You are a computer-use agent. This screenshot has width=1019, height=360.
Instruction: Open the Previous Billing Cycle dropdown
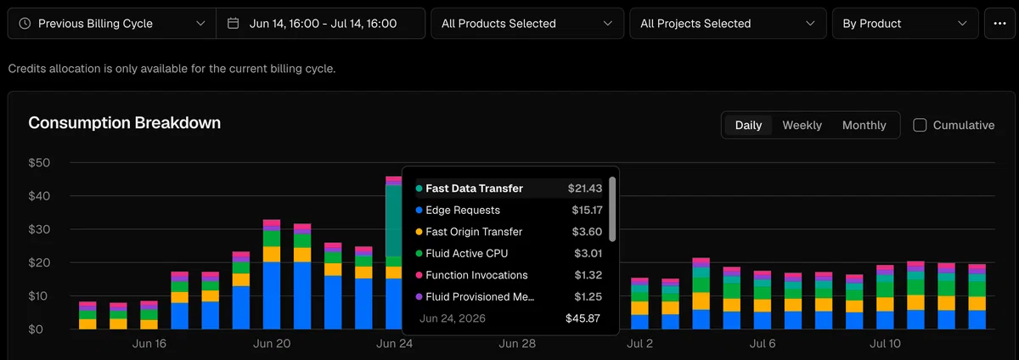click(112, 23)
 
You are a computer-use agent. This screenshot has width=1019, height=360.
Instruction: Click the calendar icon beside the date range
click(233, 23)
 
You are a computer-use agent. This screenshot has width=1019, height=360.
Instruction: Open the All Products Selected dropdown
click(527, 23)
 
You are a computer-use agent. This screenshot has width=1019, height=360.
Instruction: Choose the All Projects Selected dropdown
click(728, 23)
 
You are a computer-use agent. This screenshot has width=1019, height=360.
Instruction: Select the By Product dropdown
click(905, 23)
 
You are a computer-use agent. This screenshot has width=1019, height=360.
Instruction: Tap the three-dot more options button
click(1000, 23)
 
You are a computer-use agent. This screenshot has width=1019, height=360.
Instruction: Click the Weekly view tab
click(802, 125)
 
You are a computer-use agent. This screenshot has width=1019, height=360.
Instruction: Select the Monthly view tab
click(864, 125)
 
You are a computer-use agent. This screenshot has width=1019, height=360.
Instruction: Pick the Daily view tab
click(748, 125)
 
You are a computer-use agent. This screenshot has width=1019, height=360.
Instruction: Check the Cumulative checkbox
click(920, 125)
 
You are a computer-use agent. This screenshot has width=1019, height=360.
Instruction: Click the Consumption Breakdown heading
click(125, 123)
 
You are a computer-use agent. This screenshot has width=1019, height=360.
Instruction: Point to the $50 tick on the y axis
click(39, 163)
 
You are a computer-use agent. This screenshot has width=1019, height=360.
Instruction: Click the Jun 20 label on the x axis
click(272, 344)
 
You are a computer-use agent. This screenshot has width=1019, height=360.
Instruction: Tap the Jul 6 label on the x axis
click(763, 344)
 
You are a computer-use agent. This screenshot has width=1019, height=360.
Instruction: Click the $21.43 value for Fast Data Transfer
click(585, 188)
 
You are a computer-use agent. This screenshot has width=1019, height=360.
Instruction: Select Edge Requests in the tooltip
click(463, 211)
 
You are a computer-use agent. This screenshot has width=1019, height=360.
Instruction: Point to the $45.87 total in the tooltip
click(583, 318)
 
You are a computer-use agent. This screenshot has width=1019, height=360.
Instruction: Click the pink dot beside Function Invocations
click(419, 275)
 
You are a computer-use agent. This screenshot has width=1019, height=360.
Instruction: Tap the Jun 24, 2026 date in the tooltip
click(452, 318)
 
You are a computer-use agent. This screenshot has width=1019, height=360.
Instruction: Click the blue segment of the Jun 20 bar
click(272, 295)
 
